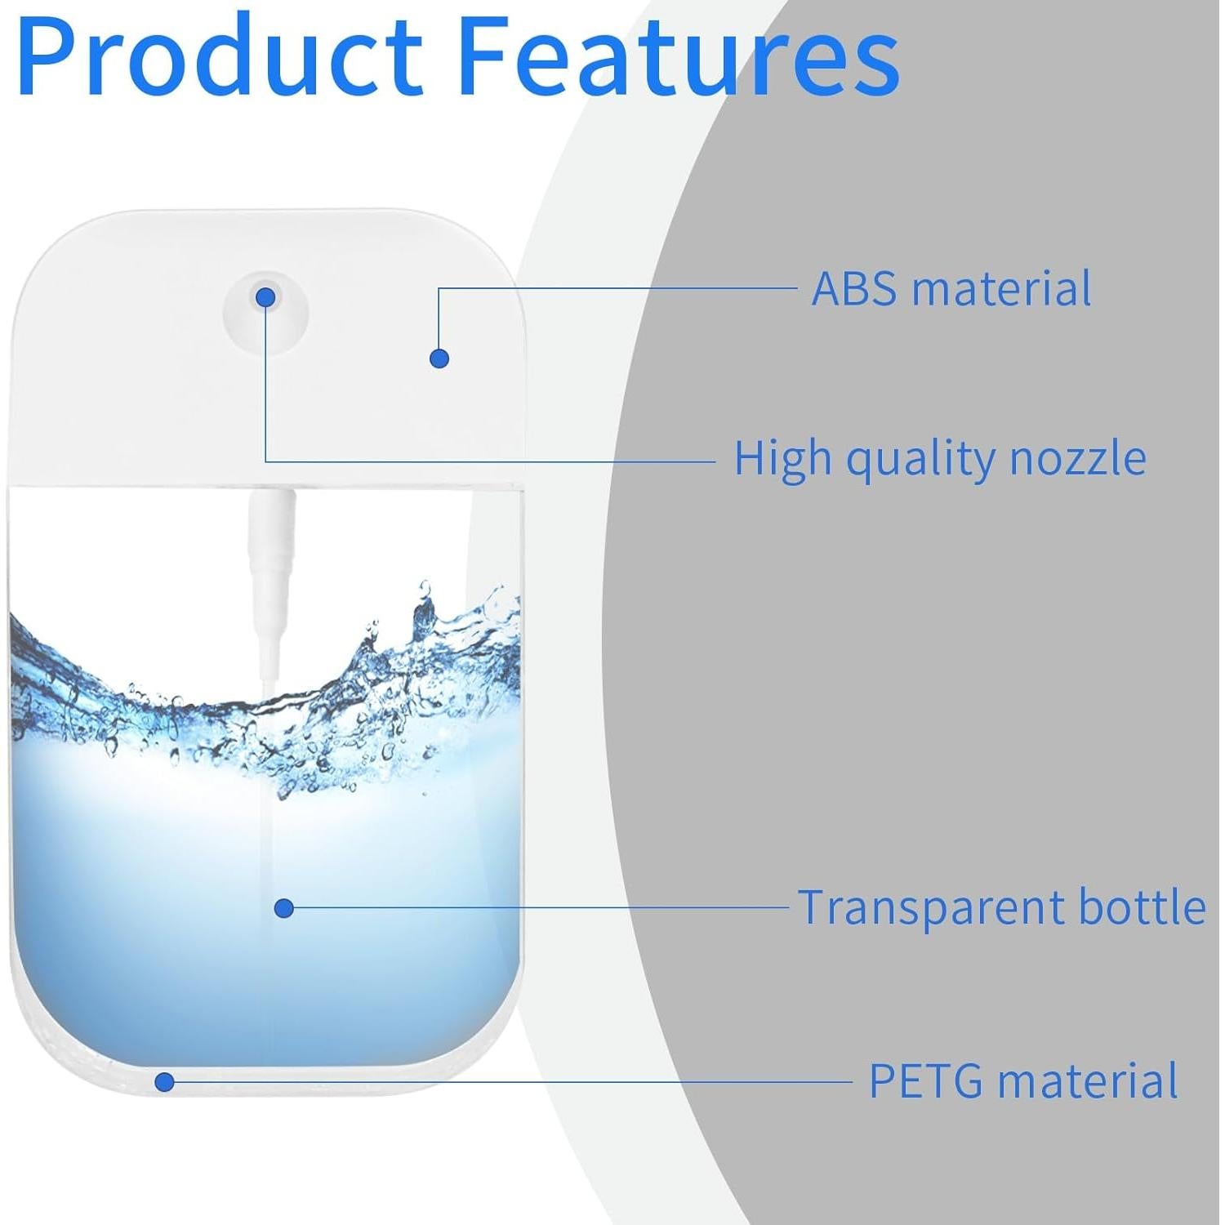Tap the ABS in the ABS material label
[x=854, y=288]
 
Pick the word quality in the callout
[x=920, y=460]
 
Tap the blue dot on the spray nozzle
[x=266, y=298]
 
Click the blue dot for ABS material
[x=439, y=358]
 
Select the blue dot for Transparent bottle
[x=284, y=907]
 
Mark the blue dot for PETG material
[x=165, y=1082]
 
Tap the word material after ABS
[x=1001, y=288]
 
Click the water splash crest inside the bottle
[x=425, y=621]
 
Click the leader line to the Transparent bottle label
[x=539, y=906]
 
